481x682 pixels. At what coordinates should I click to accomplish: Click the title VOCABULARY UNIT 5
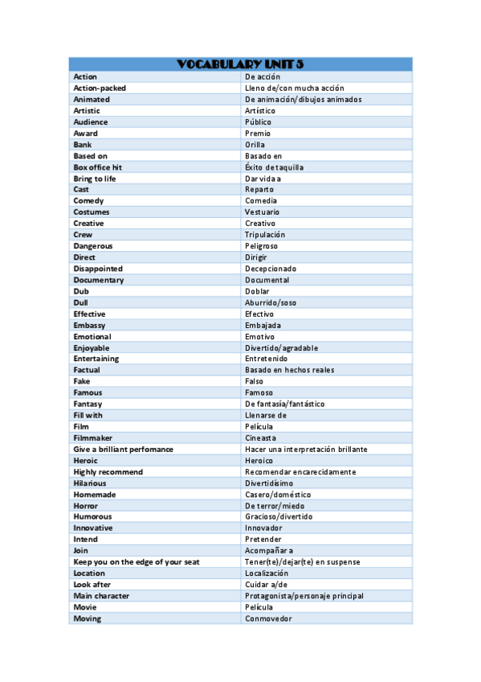240,64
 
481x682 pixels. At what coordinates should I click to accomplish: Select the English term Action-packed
100,88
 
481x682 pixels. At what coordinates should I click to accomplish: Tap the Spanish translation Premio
258,134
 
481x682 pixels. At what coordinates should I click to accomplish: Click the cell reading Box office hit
98,167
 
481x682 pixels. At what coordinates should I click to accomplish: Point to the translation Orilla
255,145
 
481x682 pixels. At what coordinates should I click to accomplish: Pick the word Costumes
92,212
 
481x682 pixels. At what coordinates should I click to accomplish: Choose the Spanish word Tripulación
265,235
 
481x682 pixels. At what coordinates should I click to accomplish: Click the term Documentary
99,280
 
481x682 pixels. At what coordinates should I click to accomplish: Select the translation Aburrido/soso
271,302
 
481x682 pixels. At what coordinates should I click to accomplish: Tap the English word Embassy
90,325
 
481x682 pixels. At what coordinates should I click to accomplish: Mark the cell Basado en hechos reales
289,370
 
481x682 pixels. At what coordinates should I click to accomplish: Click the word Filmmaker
93,438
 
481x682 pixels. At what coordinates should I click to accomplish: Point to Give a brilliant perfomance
123,449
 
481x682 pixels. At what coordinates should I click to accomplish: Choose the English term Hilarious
90,483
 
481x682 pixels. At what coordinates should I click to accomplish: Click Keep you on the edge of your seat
137,561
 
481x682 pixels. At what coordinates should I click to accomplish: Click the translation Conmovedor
268,618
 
